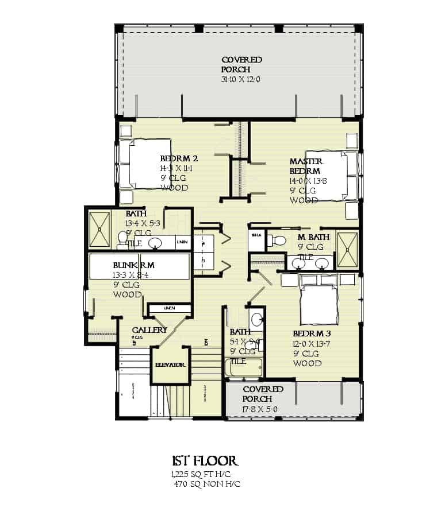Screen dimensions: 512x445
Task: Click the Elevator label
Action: (x=170, y=365)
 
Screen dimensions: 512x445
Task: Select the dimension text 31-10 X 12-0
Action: (x=241, y=80)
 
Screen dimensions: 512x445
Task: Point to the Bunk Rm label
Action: (x=133, y=265)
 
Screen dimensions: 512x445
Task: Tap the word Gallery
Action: (x=149, y=330)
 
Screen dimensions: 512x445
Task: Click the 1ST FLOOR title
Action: (x=205, y=461)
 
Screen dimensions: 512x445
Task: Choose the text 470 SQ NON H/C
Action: (x=207, y=484)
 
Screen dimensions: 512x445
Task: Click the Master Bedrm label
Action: (x=306, y=166)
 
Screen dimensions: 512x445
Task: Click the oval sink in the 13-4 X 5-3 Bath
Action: (x=155, y=243)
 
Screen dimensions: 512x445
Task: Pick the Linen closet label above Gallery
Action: (x=169, y=308)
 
